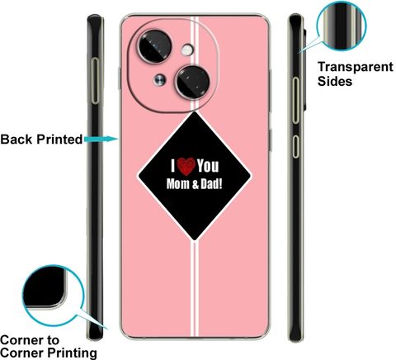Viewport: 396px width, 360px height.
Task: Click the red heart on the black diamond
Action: [x=186, y=167]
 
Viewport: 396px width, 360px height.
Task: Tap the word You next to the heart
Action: [x=208, y=166]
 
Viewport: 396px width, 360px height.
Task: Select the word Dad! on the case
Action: [x=211, y=184]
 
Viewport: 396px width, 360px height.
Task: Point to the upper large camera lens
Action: [x=154, y=46]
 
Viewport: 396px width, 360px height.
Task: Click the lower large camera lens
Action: [x=193, y=82]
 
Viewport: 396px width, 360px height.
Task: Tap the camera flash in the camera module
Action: [x=187, y=50]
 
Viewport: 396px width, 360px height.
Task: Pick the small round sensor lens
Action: [x=160, y=80]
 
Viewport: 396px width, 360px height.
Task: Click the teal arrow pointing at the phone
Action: [x=101, y=140]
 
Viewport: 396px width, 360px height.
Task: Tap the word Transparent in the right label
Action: [x=356, y=67]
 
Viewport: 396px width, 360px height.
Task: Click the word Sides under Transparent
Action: [x=335, y=81]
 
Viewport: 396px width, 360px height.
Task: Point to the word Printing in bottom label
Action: [x=73, y=353]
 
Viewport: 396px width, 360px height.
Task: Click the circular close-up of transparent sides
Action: [x=342, y=26]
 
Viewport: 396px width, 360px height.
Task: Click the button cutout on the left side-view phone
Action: [x=95, y=81]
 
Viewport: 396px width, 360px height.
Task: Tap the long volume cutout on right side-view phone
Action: [x=295, y=101]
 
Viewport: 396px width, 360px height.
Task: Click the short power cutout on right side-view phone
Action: [x=295, y=146]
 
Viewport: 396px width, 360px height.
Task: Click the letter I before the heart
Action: [x=173, y=166]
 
